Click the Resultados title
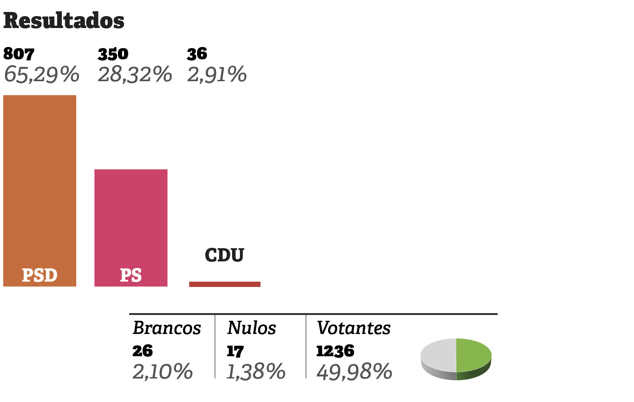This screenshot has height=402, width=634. (x=63, y=21)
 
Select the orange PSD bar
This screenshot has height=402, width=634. (x=40, y=186)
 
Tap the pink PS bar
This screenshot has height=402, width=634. (x=131, y=223)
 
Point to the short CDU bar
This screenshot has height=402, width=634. (x=225, y=284)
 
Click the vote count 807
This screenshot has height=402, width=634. (x=19, y=54)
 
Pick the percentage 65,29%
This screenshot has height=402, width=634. (x=41, y=75)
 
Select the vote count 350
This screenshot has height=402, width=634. (x=113, y=54)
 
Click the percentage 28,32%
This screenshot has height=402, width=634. (x=135, y=75)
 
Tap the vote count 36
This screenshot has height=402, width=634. (x=197, y=54)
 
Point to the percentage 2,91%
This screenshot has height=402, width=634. (x=217, y=75)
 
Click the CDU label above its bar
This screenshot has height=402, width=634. (x=224, y=255)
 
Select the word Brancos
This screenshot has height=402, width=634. (x=167, y=328)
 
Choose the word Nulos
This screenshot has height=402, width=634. (x=251, y=328)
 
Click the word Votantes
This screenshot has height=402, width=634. (x=354, y=328)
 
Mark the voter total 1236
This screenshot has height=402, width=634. (x=335, y=351)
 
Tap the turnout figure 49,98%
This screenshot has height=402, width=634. (x=354, y=371)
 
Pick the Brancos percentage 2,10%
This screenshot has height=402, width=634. (x=162, y=371)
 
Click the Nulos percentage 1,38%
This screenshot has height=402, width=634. (x=256, y=371)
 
